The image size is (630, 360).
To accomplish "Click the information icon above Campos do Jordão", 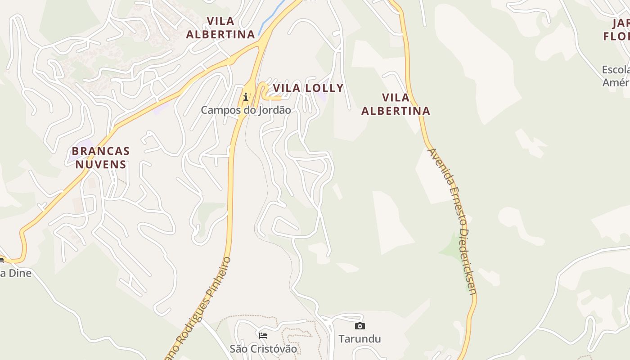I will (x=246, y=97).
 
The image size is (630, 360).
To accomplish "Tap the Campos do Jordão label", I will (x=246, y=110).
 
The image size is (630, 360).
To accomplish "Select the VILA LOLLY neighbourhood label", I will (x=308, y=88).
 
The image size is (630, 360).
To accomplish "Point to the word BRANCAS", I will (x=101, y=151).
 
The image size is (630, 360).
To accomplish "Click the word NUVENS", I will (x=101, y=164).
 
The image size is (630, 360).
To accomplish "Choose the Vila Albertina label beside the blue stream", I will (x=220, y=27).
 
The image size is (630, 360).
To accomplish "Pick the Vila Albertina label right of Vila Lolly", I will (x=396, y=104).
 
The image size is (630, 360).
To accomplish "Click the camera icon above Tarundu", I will (x=360, y=326).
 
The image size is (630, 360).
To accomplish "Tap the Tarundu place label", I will (x=360, y=339).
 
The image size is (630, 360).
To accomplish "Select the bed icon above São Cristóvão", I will (x=263, y=336).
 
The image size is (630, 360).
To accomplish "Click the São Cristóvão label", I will (x=263, y=349).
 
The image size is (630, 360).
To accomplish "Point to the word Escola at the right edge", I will (x=616, y=70).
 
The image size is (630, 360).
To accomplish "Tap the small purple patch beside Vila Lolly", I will (x=321, y=96).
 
